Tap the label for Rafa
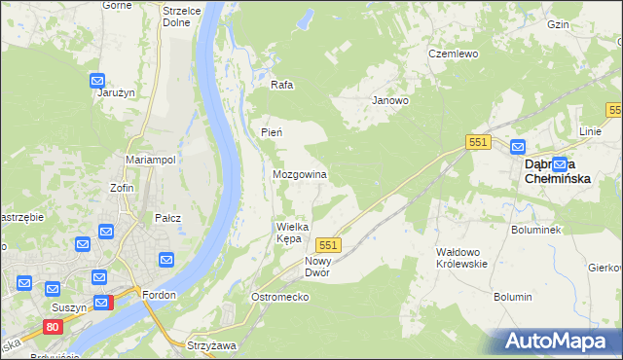[x=282, y=85]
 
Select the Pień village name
[x=272, y=132]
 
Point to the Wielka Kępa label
[x=293, y=232]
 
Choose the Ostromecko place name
[x=279, y=296]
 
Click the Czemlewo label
[x=454, y=54]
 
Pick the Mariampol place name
[x=150, y=159]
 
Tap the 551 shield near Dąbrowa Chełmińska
[x=477, y=142]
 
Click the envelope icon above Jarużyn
[x=97, y=80]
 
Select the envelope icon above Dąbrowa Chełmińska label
[x=517, y=147]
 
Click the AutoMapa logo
[x=557, y=341]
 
